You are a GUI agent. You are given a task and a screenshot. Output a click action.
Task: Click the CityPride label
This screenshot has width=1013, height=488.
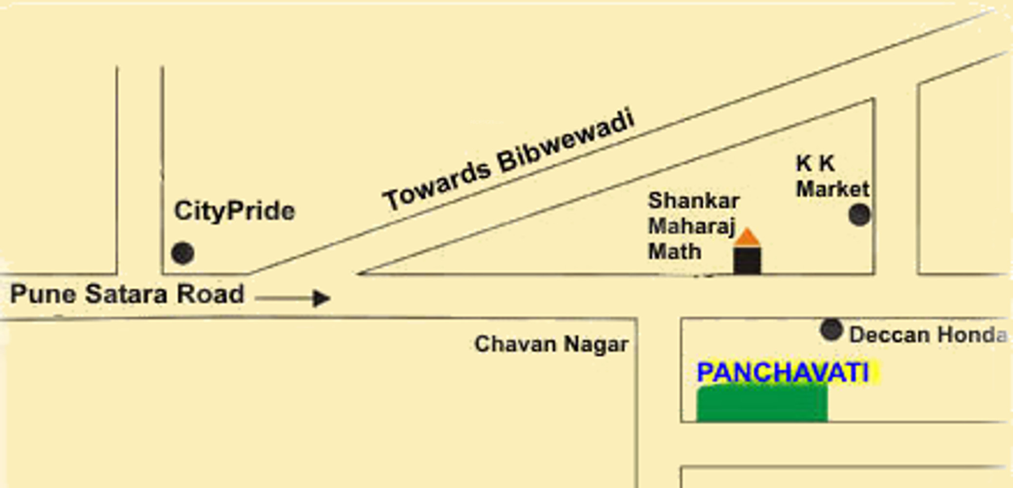click(x=234, y=211)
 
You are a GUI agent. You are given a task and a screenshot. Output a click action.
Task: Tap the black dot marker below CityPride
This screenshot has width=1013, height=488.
click(x=183, y=253)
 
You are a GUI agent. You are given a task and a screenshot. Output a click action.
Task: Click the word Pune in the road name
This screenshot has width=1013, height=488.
click(x=43, y=294)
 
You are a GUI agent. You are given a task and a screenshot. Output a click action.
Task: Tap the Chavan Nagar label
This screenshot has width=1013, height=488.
click(x=551, y=344)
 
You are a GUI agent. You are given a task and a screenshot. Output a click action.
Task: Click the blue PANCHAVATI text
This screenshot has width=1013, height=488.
click(x=783, y=373)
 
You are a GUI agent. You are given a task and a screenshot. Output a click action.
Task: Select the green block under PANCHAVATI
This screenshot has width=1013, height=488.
click(x=762, y=403)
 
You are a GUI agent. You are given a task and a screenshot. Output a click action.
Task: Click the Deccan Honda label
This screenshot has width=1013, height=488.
click(x=928, y=335)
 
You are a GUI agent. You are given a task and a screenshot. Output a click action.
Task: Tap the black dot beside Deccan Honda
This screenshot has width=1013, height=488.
click(x=831, y=330)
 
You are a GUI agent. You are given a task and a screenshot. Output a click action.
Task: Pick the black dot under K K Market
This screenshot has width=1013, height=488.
click(x=859, y=215)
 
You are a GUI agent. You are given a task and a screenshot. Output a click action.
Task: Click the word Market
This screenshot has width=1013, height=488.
click(x=832, y=189)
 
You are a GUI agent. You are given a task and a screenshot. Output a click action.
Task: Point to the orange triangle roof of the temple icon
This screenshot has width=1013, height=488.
click(x=747, y=238)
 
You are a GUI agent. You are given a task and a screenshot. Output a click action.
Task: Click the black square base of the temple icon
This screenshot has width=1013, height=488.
click(x=747, y=261)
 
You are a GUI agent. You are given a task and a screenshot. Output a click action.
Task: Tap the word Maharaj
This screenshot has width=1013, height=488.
click(x=691, y=226)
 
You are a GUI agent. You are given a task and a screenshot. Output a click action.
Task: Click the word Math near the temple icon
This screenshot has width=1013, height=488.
click(x=675, y=252)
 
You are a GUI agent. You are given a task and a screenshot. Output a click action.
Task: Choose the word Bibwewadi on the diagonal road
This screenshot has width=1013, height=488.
click(x=566, y=142)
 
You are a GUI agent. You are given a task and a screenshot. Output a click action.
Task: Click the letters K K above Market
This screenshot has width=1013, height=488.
click(x=815, y=163)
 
